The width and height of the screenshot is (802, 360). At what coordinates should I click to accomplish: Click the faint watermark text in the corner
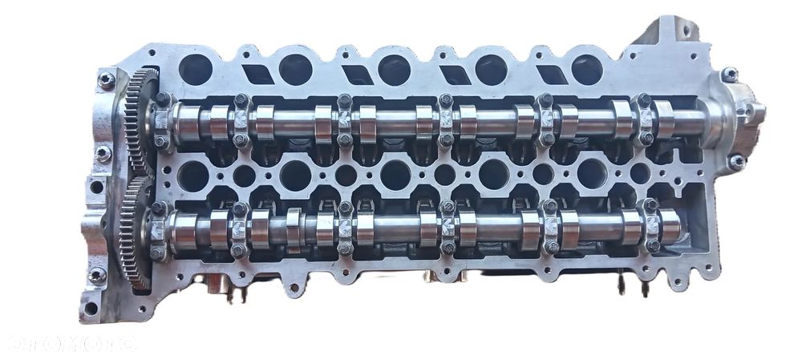(x=72, y=342)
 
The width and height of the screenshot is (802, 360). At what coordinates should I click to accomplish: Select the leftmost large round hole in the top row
(x=196, y=70)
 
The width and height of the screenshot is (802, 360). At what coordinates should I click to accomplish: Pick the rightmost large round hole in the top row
(x=587, y=70)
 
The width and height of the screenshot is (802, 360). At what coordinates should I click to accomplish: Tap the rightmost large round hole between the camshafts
(x=592, y=174)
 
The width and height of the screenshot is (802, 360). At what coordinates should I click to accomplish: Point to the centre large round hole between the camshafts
(x=395, y=175)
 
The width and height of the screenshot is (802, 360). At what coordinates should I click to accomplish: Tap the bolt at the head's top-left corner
(x=106, y=79)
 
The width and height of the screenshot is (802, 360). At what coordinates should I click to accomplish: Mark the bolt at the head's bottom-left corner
(x=96, y=275)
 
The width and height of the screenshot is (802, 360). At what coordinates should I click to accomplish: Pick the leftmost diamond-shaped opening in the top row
(x=256, y=74)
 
